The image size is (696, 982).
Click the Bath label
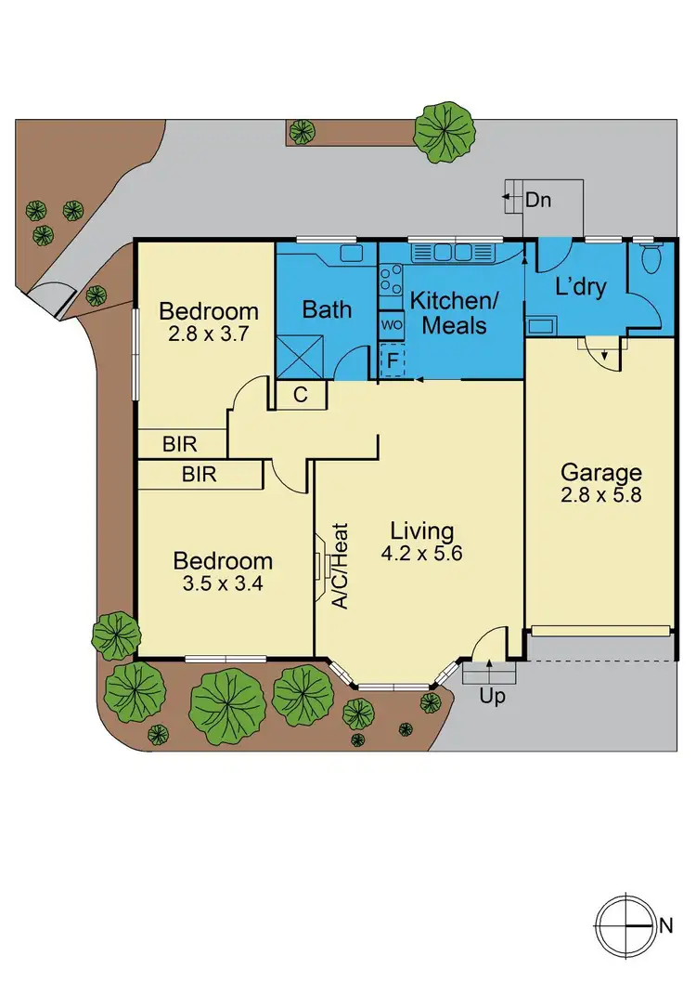coord(329,308)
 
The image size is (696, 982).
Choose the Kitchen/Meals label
coord(448,313)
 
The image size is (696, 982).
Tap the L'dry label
coord(580,287)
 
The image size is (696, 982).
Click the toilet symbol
coord(646,257)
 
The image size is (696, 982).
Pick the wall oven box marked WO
coord(391,325)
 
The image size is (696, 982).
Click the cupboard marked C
coord(301,395)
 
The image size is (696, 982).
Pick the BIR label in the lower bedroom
coord(199,475)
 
